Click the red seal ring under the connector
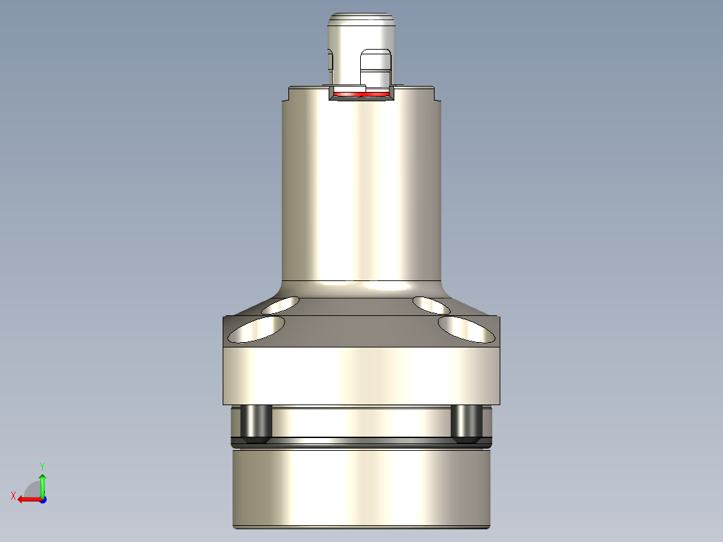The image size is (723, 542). coord(362,94)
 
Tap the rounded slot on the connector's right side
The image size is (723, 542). coord(376,69)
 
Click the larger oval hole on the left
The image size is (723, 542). coord(257,329)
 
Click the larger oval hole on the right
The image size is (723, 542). coord(464,329)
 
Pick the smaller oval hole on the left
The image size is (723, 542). coord(281,305)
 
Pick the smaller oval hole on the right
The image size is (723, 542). coord(431,305)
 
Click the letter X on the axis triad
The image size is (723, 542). coord(13,496)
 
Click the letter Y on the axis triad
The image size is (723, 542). coord(42,466)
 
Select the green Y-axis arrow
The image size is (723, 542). coord(42,484)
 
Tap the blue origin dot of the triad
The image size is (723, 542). coord(42,499)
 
